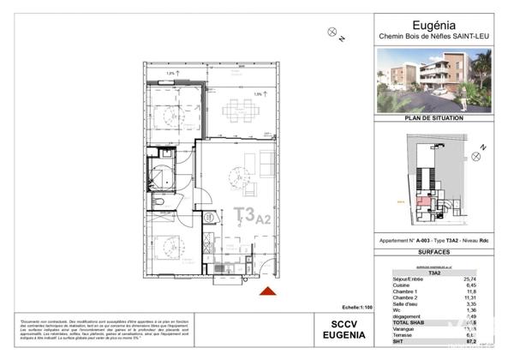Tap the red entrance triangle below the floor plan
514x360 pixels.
pyautogui.click(x=267, y=293)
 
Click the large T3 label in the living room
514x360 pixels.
pyautogui.click(x=243, y=215)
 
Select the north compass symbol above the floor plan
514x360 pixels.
pyautogui.click(x=333, y=33)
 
